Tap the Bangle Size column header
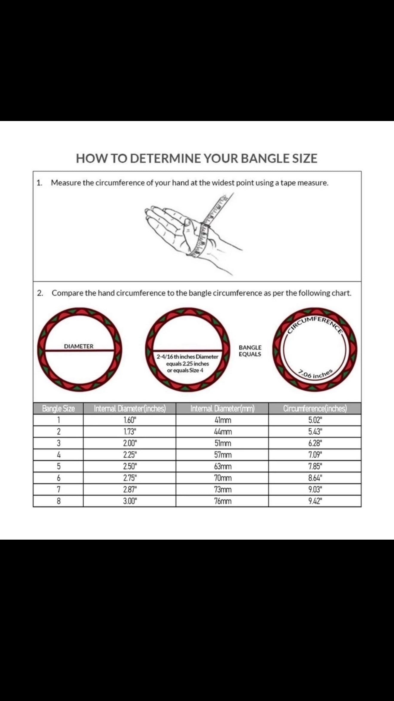click(x=58, y=408)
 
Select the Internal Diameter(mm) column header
click(x=222, y=408)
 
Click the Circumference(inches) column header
click(x=315, y=408)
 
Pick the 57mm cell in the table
click(x=223, y=455)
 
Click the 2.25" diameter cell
click(x=130, y=455)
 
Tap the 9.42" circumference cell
click(x=315, y=501)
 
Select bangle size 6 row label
click(x=59, y=478)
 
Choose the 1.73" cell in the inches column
click(x=130, y=432)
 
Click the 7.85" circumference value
click(x=315, y=466)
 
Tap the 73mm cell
click(x=223, y=490)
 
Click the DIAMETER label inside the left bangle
click(x=79, y=346)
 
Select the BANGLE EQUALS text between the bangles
click(x=250, y=351)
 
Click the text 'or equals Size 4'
click(x=185, y=370)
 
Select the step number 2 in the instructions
click(x=39, y=293)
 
